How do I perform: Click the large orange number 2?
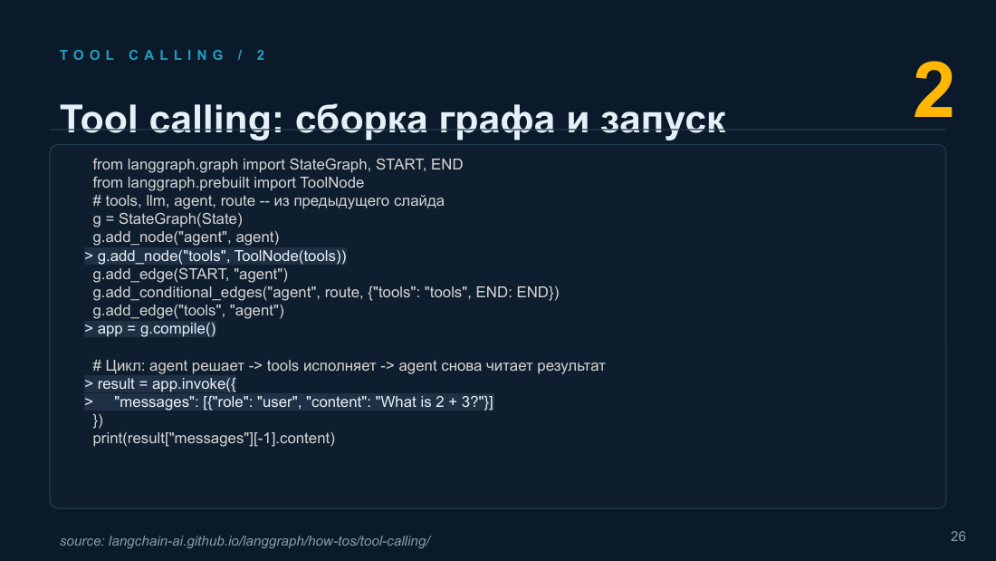[934, 91]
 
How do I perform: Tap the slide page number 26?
[958, 537]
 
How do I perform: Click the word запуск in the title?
[663, 119]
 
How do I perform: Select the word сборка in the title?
[360, 119]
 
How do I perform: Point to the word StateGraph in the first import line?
[329, 164]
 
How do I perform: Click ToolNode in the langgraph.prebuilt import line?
[331, 182]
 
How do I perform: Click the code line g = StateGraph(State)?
[168, 218]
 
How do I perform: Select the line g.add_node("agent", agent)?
[187, 237]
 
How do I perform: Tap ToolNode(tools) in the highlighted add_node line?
[291, 256]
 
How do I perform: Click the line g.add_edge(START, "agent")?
[190, 274]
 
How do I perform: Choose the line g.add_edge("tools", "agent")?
[188, 310]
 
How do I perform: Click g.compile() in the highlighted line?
[177, 329]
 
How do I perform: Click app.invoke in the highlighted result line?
[188, 384]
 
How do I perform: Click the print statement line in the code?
[214, 439]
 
